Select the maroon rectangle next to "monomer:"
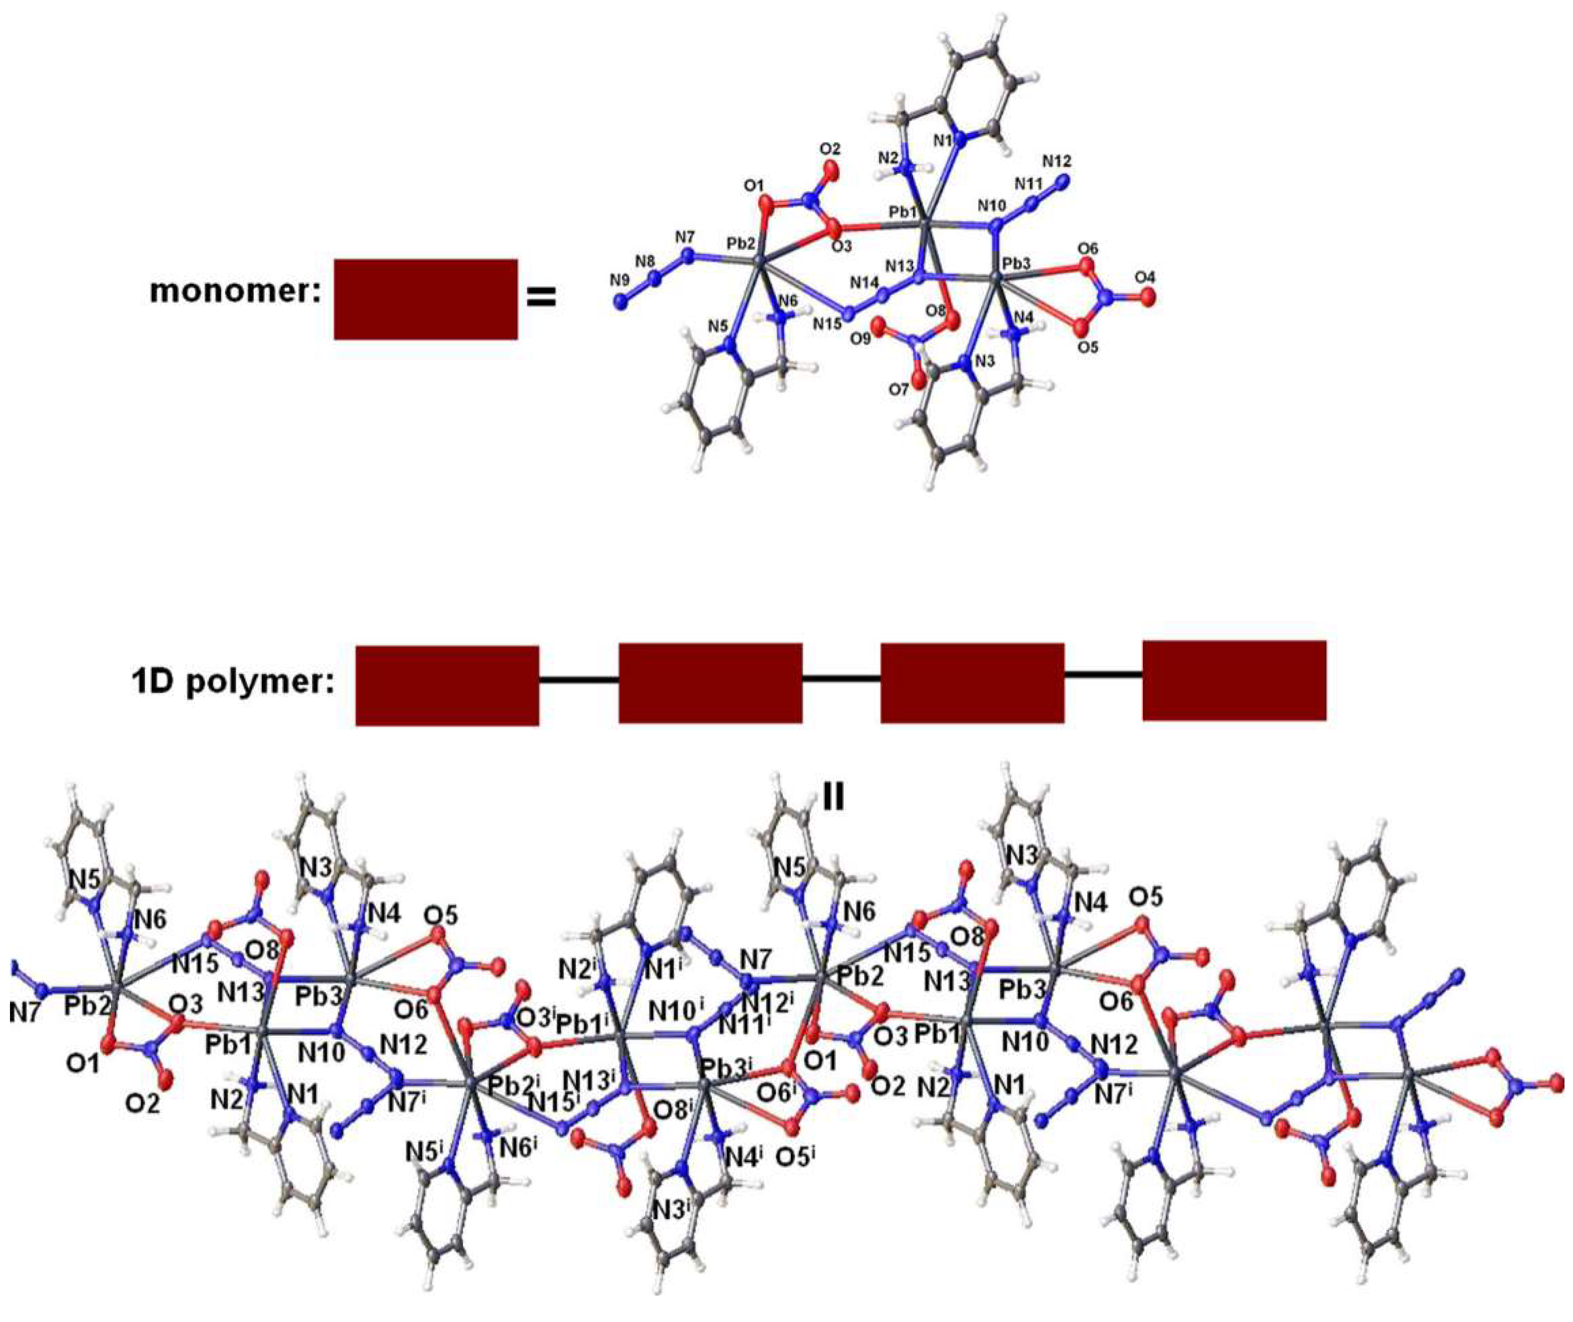click(425, 299)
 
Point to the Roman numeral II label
click(833, 799)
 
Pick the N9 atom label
click(619, 281)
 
